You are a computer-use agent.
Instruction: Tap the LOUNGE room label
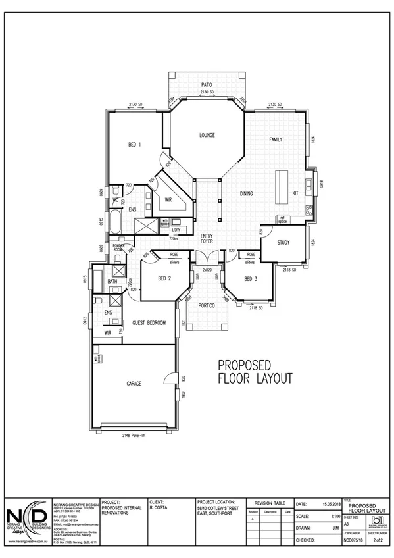tap(208, 135)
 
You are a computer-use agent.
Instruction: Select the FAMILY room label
tap(276, 140)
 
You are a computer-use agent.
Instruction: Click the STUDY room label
tap(283, 243)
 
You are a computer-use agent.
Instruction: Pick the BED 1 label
tap(134, 145)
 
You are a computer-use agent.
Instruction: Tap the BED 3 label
tap(250, 278)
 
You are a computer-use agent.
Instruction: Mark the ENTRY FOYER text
tap(207, 238)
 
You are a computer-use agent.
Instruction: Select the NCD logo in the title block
tap(26, 518)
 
